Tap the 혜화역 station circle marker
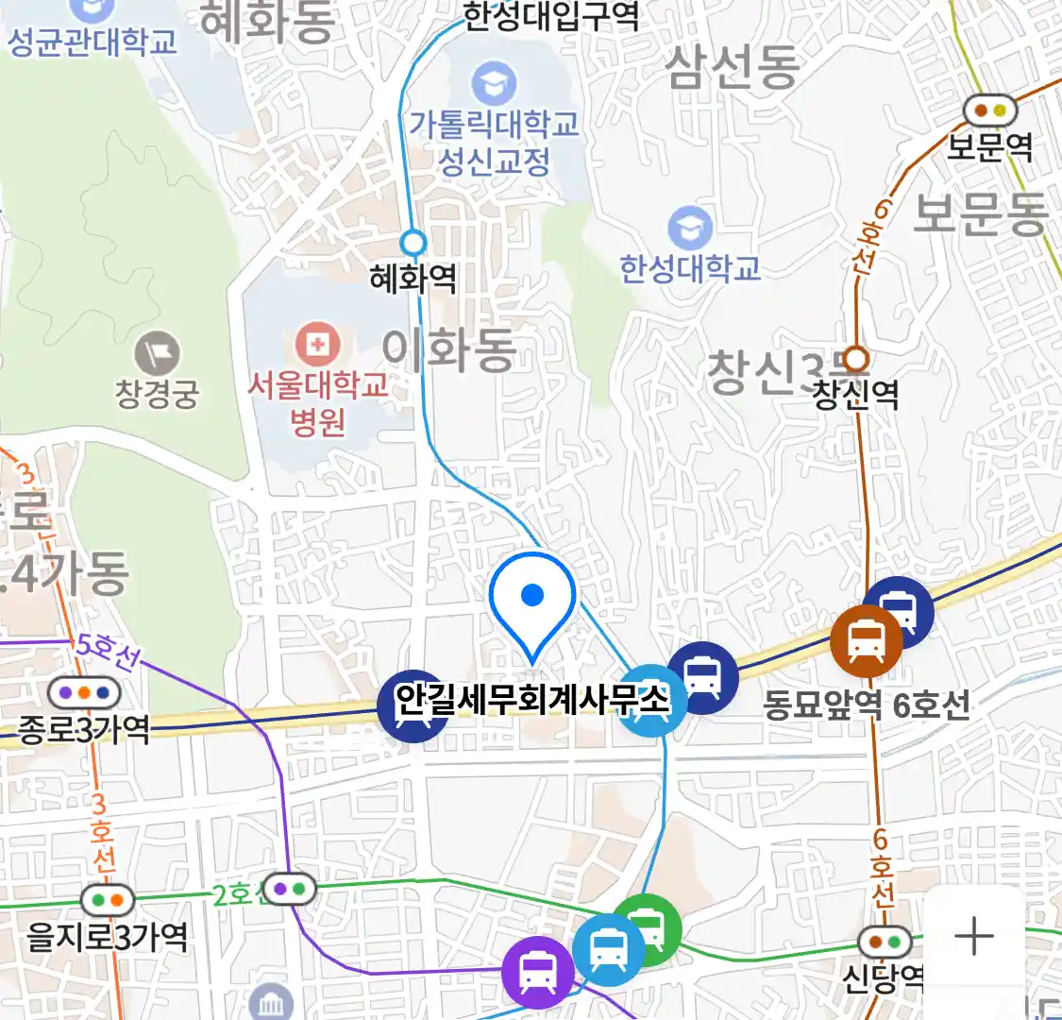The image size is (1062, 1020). [x=413, y=243]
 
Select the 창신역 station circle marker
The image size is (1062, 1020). [x=856, y=359]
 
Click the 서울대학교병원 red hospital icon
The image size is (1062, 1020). [x=318, y=345]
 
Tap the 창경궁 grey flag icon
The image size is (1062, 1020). [x=157, y=353]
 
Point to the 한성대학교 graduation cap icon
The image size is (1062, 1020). [x=690, y=229]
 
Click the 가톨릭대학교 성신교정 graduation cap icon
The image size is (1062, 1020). [x=494, y=83]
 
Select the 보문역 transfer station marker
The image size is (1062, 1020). [x=989, y=111]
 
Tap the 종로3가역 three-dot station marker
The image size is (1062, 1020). [x=84, y=693]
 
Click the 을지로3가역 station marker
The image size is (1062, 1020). [x=108, y=900]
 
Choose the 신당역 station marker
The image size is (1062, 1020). [x=885, y=942]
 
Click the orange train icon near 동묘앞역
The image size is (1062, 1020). [x=866, y=640]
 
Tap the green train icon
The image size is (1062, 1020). [x=646, y=929]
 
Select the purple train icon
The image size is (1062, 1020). [x=537, y=972]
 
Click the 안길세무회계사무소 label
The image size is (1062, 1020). [x=531, y=700]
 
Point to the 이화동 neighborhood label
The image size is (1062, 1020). [x=449, y=349]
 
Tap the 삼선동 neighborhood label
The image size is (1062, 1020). [x=733, y=66]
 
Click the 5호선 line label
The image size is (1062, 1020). [x=106, y=651]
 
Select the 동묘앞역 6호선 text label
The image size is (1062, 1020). [x=866, y=705]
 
